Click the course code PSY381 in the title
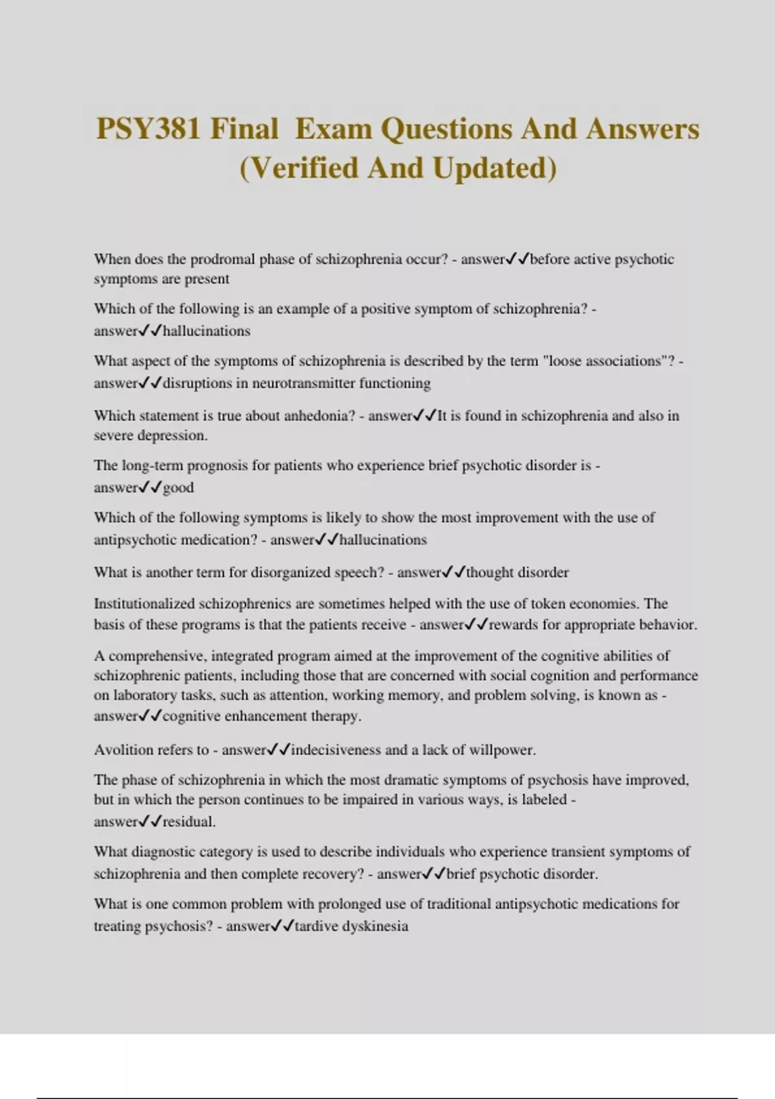148,129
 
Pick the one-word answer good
178,487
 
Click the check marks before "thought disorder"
453,572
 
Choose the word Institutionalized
144,604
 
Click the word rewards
514,625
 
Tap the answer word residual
188,822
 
